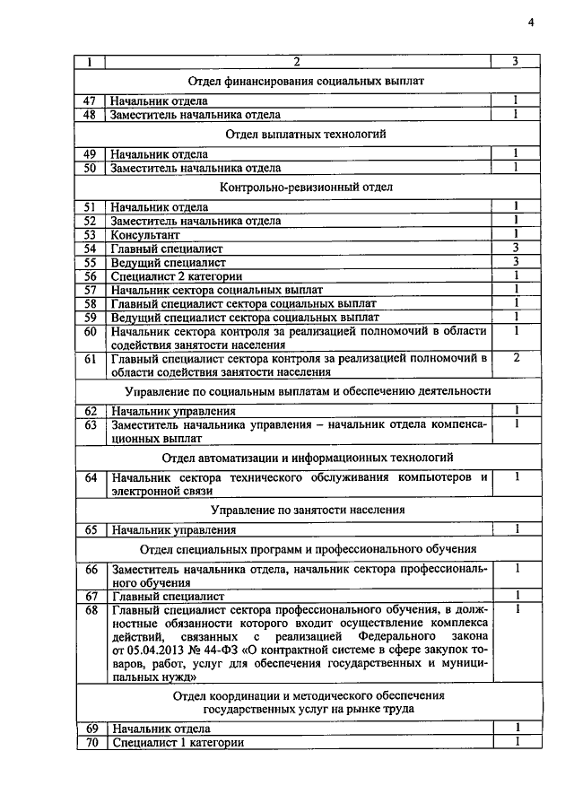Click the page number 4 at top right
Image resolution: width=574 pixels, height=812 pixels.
(530, 23)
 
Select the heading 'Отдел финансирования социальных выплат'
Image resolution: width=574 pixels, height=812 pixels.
(307, 82)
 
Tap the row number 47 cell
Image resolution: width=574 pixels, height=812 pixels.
(90, 101)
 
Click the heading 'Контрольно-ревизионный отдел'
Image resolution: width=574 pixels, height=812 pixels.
(307, 187)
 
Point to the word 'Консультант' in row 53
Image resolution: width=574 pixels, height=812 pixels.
(142, 234)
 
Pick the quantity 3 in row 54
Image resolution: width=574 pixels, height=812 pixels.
(517, 248)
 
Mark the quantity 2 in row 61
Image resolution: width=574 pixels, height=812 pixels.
(517, 358)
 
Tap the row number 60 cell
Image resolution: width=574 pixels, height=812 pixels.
(90, 331)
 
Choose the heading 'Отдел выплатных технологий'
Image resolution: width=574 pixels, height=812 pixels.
(307, 135)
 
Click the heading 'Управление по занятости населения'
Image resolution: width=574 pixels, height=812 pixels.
(307, 510)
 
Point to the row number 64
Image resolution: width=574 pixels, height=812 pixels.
(90, 477)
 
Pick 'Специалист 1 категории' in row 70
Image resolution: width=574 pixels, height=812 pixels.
(176, 742)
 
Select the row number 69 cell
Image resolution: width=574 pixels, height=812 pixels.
(90, 728)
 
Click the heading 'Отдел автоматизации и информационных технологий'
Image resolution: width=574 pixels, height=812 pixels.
(307, 457)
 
